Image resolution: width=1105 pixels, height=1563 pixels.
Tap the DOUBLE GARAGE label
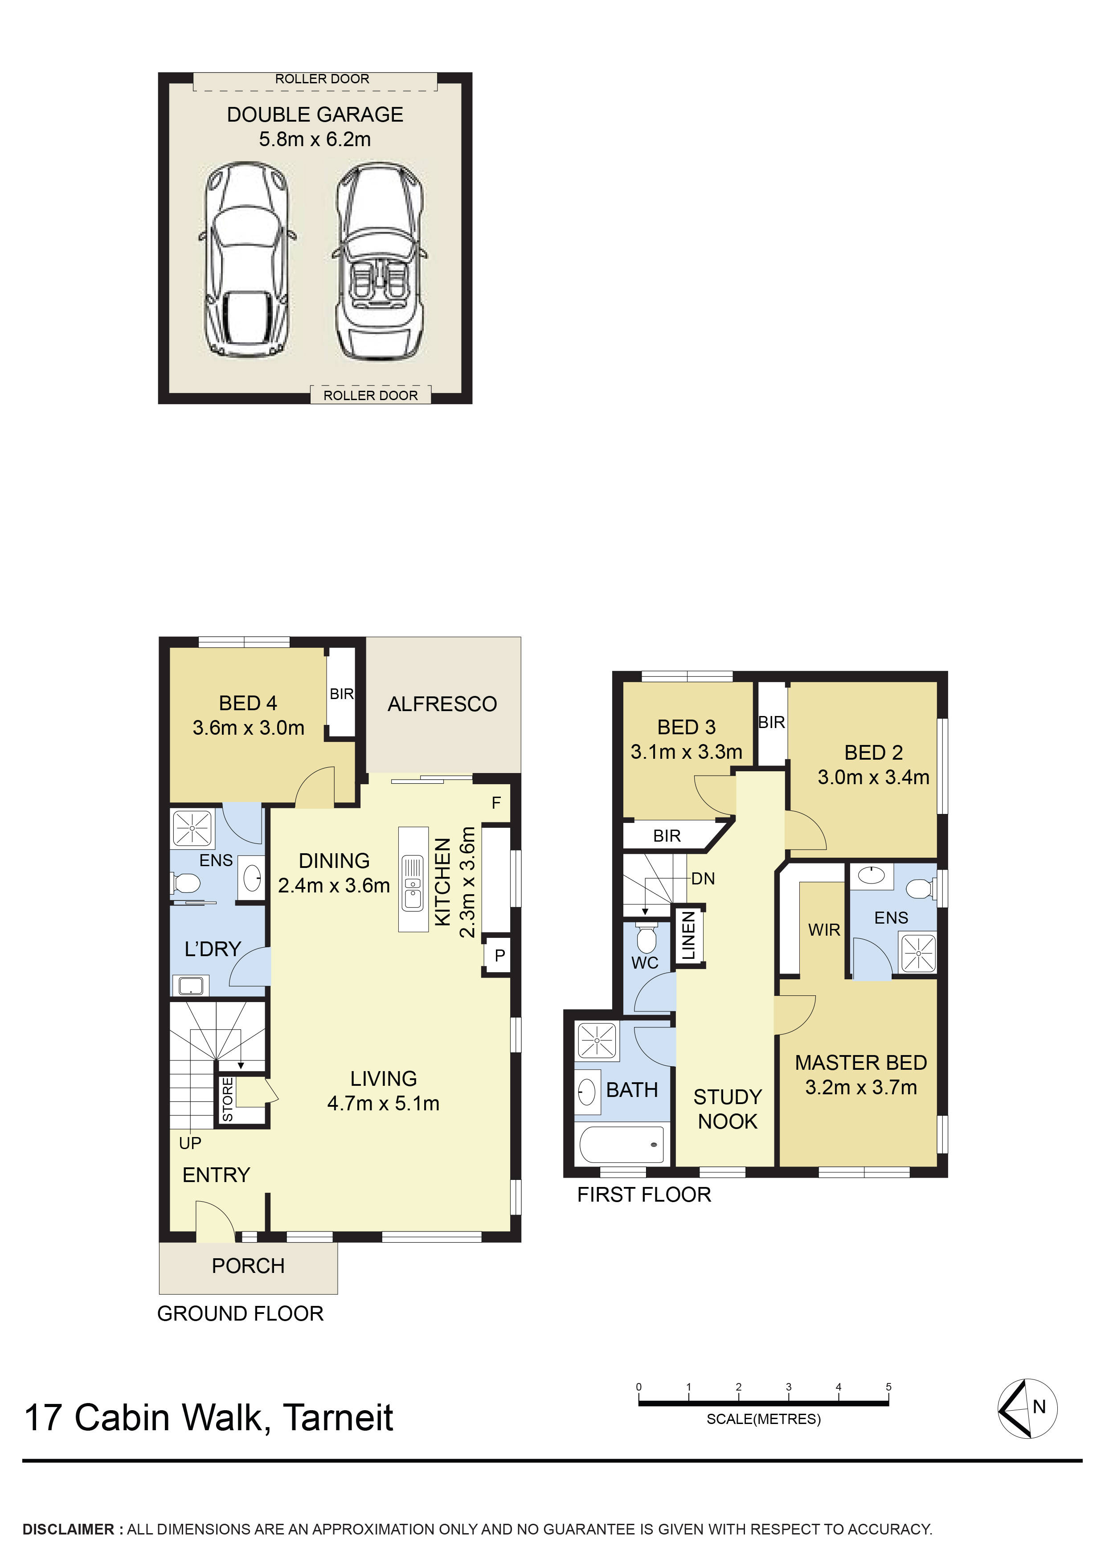pyautogui.click(x=315, y=115)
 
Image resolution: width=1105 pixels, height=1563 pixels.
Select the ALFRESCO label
pyautogui.click(x=442, y=704)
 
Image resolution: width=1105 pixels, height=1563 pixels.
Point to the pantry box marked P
pyautogui.click(x=499, y=955)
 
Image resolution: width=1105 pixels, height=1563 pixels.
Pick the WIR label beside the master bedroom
pyautogui.click(x=824, y=930)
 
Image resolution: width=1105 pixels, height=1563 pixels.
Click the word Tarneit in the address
pyautogui.click(x=338, y=1418)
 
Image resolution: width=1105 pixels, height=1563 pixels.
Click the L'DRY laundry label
pyautogui.click(x=213, y=949)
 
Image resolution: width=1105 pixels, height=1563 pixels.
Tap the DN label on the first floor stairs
pyautogui.click(x=703, y=879)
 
